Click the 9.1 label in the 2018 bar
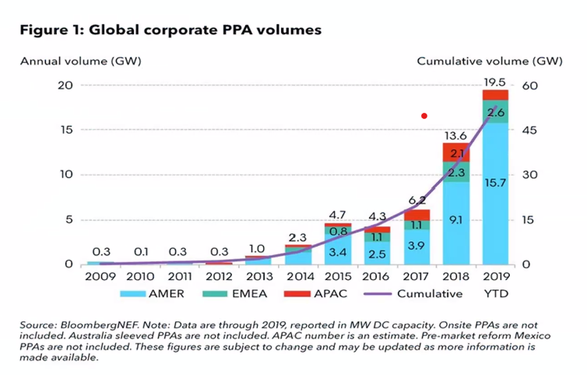tap(455, 219)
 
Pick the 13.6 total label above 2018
tap(455, 135)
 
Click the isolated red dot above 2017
tap(424, 116)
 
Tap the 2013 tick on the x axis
tap(256, 275)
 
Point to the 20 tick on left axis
tap(65, 86)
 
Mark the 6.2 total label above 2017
tap(416, 200)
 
